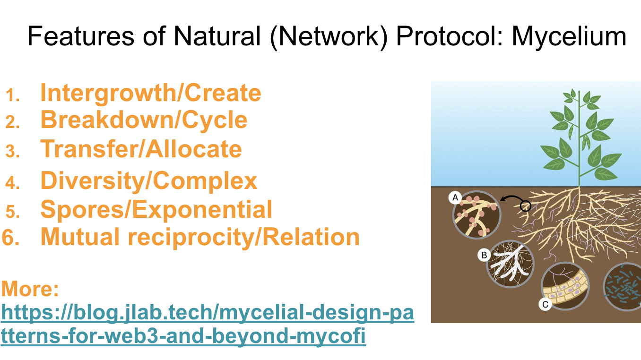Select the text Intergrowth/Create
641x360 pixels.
tap(150, 93)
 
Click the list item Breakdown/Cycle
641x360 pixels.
tap(144, 120)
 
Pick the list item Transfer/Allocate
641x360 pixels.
tap(141, 149)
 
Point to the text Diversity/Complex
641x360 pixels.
tap(149, 180)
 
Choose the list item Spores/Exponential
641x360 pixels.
tap(156, 209)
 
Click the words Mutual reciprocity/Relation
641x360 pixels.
tap(199, 237)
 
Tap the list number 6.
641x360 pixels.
tap(11, 238)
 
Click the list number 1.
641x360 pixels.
tap(13, 95)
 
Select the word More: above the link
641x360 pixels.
tap(30, 289)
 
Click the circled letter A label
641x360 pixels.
tap(455, 197)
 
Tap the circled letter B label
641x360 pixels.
tap(484, 256)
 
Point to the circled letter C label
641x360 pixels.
tap(545, 304)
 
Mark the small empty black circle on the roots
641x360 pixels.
tap(525, 206)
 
